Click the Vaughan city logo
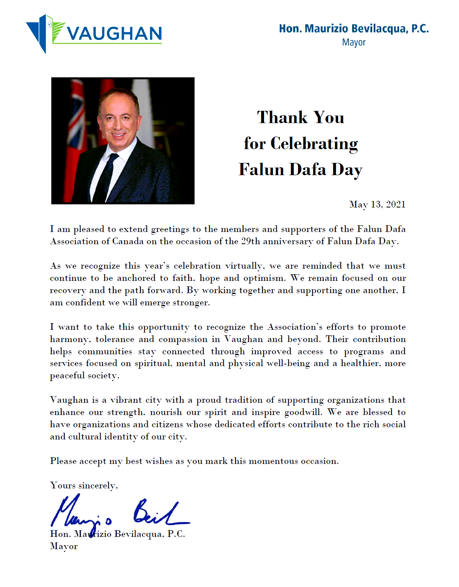click(x=94, y=34)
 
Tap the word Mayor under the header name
click(x=354, y=42)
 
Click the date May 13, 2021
click(x=377, y=204)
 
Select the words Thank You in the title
click(x=300, y=118)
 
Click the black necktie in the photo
click(x=105, y=178)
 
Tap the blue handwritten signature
click(x=118, y=513)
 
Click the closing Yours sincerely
click(x=84, y=486)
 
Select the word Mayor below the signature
click(x=64, y=546)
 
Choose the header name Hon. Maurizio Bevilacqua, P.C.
click(x=354, y=29)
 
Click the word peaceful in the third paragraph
click(x=67, y=376)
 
